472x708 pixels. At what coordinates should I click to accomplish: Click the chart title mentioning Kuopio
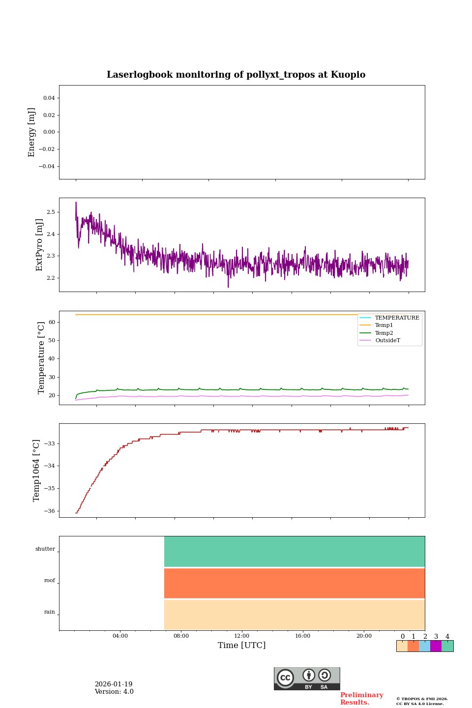point(236,75)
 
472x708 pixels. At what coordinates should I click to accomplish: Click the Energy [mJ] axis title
point(32,132)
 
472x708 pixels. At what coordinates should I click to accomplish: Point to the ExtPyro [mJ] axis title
point(40,245)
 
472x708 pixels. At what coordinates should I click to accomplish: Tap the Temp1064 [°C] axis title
point(36,471)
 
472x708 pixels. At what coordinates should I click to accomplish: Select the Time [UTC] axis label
point(241,645)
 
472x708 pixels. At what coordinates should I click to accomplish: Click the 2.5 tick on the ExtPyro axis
point(50,212)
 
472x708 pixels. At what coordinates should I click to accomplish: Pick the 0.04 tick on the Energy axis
point(49,98)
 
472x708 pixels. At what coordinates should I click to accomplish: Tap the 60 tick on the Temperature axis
point(51,322)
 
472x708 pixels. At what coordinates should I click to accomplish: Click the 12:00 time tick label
point(241,636)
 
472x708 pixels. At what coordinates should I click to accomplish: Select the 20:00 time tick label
point(364,636)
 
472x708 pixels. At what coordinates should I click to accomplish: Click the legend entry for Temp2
point(384,333)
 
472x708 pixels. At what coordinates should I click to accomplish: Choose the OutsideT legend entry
point(387,340)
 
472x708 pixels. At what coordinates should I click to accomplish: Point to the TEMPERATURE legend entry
point(397,318)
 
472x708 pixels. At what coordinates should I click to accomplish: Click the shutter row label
point(45,549)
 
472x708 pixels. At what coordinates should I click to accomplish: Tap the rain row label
point(50,612)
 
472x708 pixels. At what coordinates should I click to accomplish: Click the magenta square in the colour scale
point(436,646)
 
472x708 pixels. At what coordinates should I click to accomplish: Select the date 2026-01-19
point(114,684)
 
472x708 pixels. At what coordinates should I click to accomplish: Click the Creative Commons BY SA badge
point(307,678)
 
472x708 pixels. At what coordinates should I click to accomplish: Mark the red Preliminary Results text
point(361,699)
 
